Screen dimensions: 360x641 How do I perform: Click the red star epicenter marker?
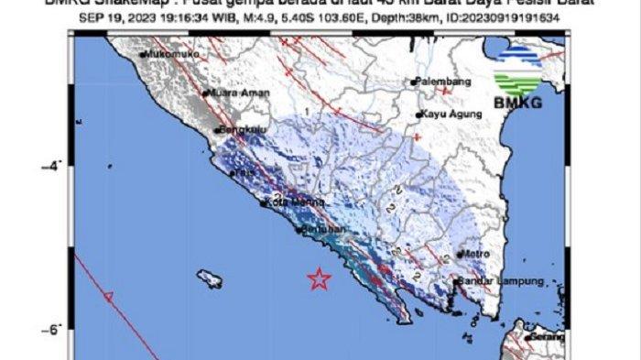click(319, 278)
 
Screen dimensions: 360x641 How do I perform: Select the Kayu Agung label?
click(448, 115)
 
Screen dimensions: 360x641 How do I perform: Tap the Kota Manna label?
click(287, 202)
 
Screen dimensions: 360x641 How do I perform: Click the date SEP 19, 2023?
click(109, 19)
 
